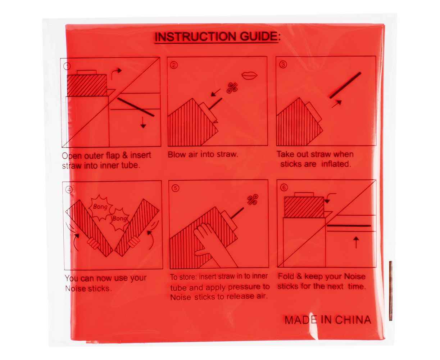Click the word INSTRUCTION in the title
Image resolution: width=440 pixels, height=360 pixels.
tap(195, 37)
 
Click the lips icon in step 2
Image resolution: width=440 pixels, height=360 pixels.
tap(250, 76)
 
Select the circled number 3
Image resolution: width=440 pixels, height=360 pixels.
tap(283, 65)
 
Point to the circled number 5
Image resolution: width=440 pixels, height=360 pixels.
tap(175, 188)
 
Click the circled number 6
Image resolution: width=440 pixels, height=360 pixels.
tap(284, 188)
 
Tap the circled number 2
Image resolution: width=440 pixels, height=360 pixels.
tap(174, 66)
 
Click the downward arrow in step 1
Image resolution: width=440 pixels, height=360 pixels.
tap(143, 122)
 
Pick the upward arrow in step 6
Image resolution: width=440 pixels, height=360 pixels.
tap(356, 242)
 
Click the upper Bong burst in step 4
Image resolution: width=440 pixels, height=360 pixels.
tap(100, 207)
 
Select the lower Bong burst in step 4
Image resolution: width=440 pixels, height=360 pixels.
tap(119, 219)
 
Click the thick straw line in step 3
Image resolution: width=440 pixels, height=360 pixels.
tap(345, 85)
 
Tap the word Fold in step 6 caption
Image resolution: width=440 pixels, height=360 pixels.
tap(286, 276)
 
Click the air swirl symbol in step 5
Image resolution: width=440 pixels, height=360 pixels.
tap(253, 200)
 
